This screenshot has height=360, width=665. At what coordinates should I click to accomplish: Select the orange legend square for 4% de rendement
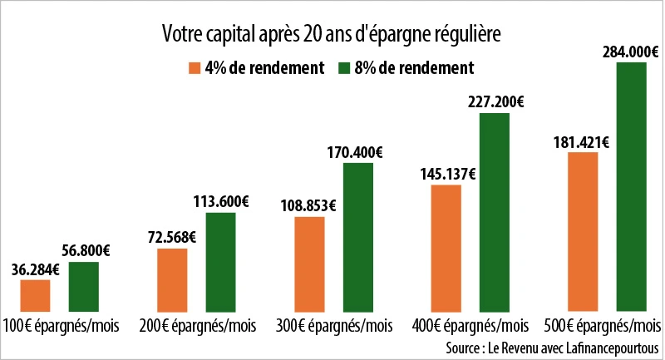[195, 67]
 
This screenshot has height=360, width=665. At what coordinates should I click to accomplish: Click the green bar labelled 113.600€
[221, 262]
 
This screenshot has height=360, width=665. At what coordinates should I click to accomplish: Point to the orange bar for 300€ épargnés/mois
[309, 264]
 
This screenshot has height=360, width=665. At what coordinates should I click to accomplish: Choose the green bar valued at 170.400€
[358, 237]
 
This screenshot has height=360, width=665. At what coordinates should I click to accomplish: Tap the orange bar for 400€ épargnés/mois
[446, 248]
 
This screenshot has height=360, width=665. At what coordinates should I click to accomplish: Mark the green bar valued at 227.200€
[495, 212]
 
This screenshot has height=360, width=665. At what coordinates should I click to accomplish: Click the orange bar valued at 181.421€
[583, 232]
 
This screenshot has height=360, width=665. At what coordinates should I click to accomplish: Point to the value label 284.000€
[631, 52]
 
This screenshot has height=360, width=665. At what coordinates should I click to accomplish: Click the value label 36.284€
[35, 269]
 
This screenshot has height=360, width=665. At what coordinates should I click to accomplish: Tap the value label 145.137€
[447, 175]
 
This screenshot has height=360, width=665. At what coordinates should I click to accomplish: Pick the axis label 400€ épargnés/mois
[470, 325]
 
